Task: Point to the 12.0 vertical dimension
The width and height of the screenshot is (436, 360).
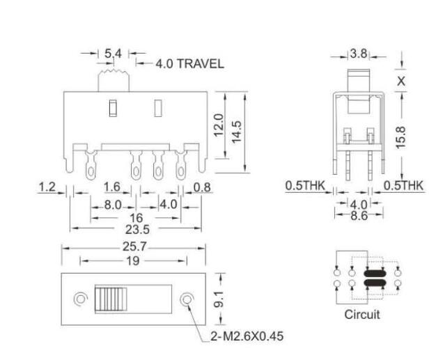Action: click(220, 126)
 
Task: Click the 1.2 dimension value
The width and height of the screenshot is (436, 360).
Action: click(47, 187)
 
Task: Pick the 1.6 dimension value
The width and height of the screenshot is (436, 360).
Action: click(112, 187)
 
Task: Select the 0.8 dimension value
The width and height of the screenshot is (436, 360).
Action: click(202, 187)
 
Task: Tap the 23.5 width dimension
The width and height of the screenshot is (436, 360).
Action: click(132, 228)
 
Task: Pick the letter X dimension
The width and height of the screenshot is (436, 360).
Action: click(403, 80)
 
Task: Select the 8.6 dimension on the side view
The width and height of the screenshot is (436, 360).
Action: click(359, 217)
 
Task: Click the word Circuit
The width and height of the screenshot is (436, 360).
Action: click(362, 315)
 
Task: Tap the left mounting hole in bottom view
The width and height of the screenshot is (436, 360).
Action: click(81, 299)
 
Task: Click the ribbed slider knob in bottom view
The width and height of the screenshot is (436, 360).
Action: click(108, 299)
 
